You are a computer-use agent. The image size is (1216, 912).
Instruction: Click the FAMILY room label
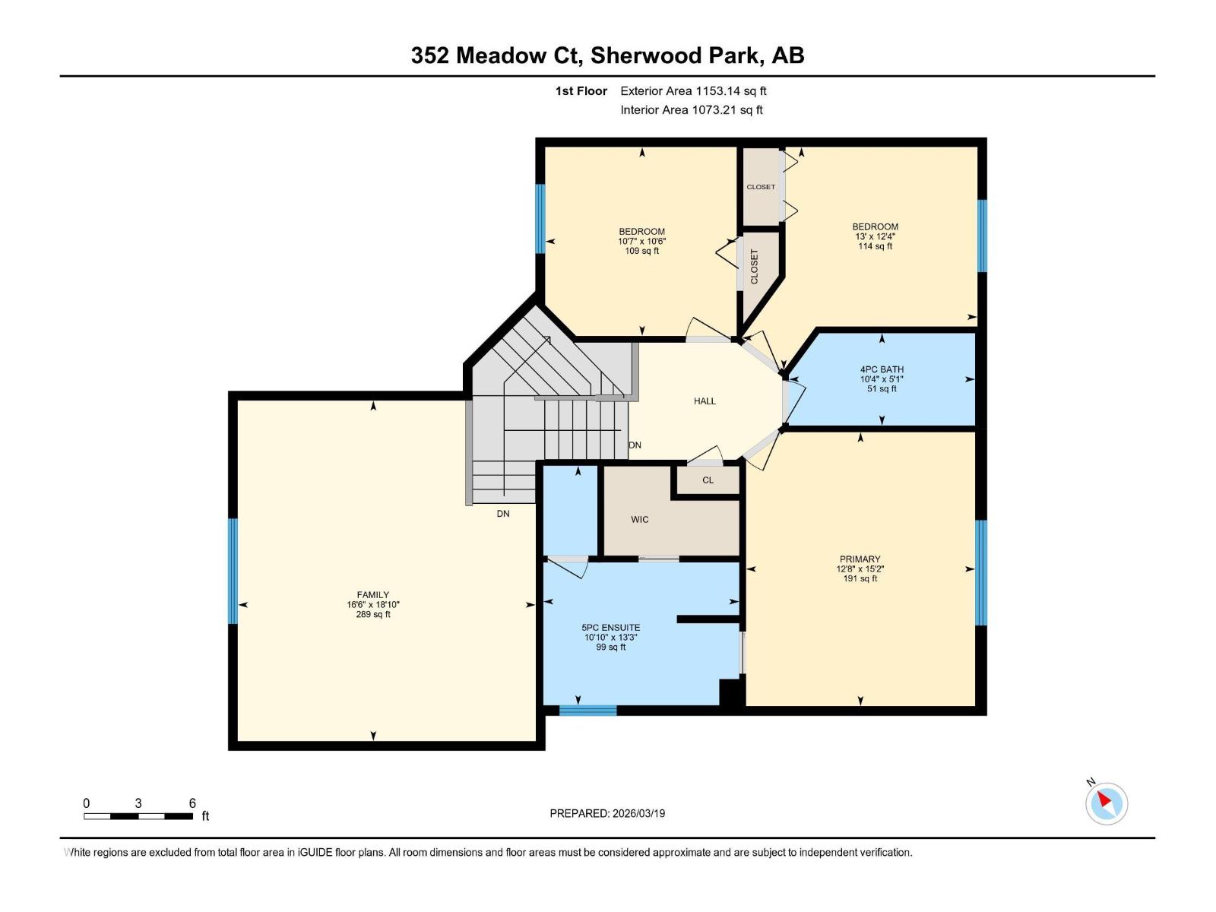(x=372, y=595)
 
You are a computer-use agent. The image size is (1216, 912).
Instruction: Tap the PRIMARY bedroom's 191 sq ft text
(x=860, y=579)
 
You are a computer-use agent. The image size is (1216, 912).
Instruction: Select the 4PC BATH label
(x=882, y=369)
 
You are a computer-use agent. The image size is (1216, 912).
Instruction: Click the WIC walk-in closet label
(x=639, y=520)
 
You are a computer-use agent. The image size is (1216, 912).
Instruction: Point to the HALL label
(x=705, y=401)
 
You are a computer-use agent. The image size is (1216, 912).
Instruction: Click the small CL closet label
(x=708, y=480)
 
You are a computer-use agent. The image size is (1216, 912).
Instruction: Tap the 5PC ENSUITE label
(x=610, y=628)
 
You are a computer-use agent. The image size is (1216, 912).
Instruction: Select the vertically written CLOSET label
(x=755, y=267)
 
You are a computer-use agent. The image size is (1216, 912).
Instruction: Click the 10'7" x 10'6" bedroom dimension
(x=641, y=242)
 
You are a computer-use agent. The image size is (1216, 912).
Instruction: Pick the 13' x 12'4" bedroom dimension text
(x=875, y=236)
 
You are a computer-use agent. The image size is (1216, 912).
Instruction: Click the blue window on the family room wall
(x=233, y=571)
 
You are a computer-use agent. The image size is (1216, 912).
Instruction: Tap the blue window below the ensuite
(x=587, y=711)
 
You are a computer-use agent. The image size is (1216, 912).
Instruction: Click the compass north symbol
(x=1106, y=803)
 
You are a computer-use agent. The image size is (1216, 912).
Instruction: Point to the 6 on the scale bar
(x=192, y=803)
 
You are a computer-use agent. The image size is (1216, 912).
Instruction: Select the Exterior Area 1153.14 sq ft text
(x=693, y=91)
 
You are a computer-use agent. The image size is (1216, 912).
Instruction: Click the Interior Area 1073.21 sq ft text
(x=691, y=110)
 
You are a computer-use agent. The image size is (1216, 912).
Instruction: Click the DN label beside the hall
(x=635, y=445)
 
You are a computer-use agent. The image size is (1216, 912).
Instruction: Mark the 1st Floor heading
(x=581, y=91)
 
